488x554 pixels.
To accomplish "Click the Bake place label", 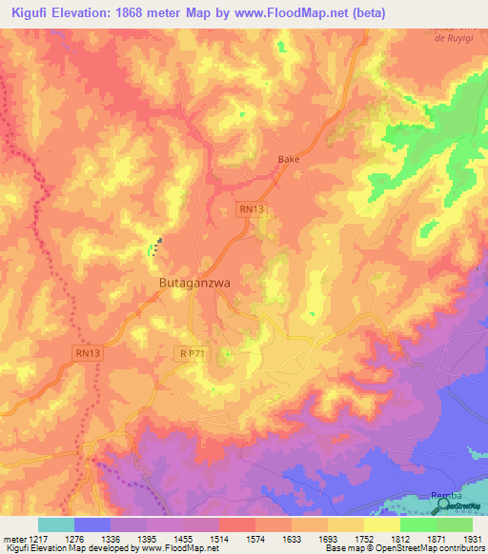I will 288,159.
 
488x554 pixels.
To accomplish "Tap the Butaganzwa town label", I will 194,284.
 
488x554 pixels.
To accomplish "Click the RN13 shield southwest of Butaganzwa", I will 87,353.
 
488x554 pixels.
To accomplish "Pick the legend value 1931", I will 473,539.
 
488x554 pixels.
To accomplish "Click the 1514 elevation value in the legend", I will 218,539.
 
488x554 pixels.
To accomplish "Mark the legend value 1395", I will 146,539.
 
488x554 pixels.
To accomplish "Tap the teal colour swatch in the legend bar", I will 56,524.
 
